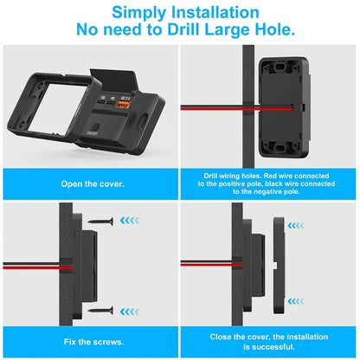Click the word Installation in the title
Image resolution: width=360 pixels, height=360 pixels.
(x=215, y=12)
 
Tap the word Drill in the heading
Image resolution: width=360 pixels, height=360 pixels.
(x=183, y=29)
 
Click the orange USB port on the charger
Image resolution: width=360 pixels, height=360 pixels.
(x=123, y=105)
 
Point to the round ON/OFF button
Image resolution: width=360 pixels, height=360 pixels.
(x=95, y=127)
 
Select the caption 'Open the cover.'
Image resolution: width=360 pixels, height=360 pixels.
(x=93, y=184)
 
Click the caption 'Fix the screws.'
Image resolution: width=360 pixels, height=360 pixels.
(x=93, y=342)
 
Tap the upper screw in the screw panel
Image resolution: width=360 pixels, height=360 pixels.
(x=100, y=222)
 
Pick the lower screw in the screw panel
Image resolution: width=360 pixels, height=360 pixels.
(x=100, y=311)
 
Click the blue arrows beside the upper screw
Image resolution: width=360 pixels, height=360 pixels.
(x=130, y=221)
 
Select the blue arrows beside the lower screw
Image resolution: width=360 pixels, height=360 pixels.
(x=130, y=312)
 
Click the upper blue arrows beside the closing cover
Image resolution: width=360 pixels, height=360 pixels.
(x=296, y=226)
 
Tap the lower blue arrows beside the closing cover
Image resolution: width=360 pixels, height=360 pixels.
(x=296, y=301)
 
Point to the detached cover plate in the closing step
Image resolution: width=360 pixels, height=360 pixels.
(x=280, y=266)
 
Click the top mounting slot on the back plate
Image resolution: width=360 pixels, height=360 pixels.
(x=280, y=67)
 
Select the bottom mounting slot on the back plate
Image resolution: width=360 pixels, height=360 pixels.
(x=280, y=148)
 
